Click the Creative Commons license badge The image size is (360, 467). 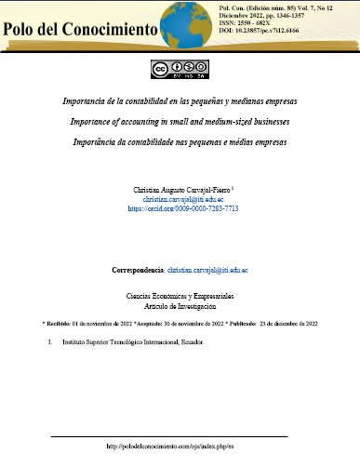click(180, 69)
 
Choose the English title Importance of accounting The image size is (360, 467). click(180, 121)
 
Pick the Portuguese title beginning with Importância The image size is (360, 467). click(180, 142)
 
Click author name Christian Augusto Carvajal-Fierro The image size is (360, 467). click(181, 190)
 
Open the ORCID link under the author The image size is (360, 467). click(183, 209)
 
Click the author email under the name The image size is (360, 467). click(183, 199)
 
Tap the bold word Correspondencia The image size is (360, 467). click(137, 270)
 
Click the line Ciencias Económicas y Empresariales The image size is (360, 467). click(180, 295)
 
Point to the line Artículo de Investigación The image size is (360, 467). click(180, 305)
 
